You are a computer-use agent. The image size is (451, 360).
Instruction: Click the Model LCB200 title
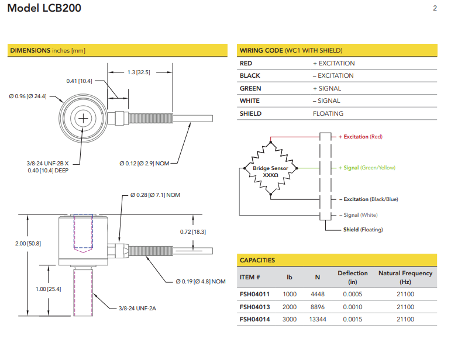click(x=44, y=9)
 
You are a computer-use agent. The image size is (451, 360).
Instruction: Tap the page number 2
click(x=435, y=8)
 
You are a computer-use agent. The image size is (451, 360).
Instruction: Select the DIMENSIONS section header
click(x=47, y=50)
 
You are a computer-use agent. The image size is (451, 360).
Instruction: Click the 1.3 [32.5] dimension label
click(x=139, y=72)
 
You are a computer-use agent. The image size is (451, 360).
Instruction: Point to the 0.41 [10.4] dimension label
click(x=79, y=81)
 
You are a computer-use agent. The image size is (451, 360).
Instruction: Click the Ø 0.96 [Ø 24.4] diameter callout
click(x=27, y=96)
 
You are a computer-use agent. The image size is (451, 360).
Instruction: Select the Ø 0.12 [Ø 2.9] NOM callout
click(x=144, y=163)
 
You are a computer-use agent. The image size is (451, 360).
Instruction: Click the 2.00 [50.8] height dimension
click(x=28, y=243)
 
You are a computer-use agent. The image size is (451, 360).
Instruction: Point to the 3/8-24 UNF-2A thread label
click(x=139, y=308)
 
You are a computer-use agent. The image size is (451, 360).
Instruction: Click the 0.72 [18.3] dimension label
click(x=192, y=232)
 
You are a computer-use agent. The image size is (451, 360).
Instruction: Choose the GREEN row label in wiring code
click(x=250, y=88)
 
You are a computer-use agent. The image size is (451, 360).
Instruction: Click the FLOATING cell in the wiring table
click(x=328, y=113)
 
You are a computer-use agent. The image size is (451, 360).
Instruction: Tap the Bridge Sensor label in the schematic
click(x=270, y=168)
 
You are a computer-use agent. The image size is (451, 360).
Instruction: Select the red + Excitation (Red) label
click(x=360, y=137)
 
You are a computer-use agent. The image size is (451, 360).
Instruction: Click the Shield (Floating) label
click(x=363, y=230)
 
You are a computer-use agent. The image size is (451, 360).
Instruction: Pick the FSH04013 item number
click(x=254, y=307)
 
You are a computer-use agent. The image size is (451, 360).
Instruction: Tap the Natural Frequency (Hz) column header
click(x=405, y=277)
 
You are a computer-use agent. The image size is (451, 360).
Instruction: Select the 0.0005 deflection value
click(x=353, y=294)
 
